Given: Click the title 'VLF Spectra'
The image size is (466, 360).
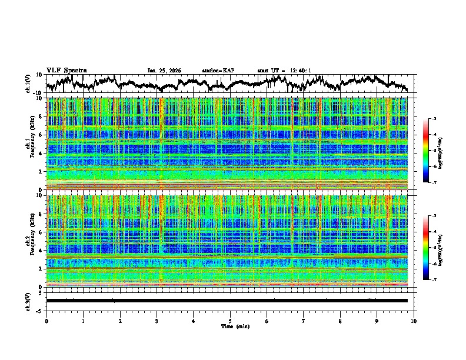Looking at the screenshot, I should coord(66,70).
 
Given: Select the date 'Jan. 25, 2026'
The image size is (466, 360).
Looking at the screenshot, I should coord(164,71).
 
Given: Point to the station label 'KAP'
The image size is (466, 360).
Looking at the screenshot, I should coord(228,71).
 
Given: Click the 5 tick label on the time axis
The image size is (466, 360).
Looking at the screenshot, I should coord(230,321).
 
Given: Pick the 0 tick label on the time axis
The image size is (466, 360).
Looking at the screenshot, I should coord(46,321).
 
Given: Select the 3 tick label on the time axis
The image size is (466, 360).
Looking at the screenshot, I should coord(157,321).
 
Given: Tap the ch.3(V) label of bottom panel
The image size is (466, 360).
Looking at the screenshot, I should coord(28,300).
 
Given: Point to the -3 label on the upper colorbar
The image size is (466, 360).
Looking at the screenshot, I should coord(433,119).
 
